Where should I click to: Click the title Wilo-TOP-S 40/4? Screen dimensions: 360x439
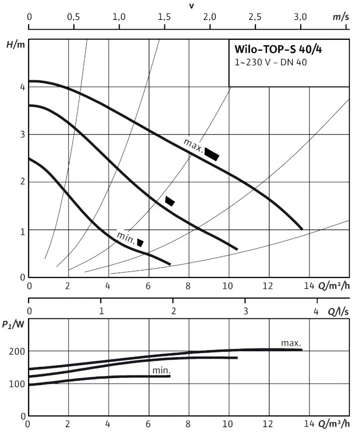point(278,49)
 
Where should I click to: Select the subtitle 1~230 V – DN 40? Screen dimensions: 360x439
point(271,62)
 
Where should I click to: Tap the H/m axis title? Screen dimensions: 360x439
point(16,44)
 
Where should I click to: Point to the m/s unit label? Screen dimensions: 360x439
point(341,17)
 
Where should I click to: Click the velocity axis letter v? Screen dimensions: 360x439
point(192,6)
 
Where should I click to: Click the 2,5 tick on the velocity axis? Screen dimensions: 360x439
point(255,17)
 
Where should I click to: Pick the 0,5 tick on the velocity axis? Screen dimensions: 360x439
point(73,17)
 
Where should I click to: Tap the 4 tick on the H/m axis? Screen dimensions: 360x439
point(23,87)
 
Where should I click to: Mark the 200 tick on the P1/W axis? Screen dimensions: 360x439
point(17,351)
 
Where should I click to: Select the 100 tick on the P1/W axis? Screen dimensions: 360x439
point(17,384)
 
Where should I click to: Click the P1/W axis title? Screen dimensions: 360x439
point(13,324)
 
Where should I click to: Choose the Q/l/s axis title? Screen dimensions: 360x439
point(338,312)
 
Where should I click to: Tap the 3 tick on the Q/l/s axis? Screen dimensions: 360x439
point(246,311)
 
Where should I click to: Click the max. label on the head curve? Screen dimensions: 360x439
point(193,145)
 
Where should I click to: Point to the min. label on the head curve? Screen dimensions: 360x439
point(126,238)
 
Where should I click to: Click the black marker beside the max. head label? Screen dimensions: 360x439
point(211,154)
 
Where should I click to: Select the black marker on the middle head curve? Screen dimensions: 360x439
point(170,201)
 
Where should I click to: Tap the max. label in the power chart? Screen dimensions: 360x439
point(291,343)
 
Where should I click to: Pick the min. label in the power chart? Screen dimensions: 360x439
point(161,371)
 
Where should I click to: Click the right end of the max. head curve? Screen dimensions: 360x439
point(302,229)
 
